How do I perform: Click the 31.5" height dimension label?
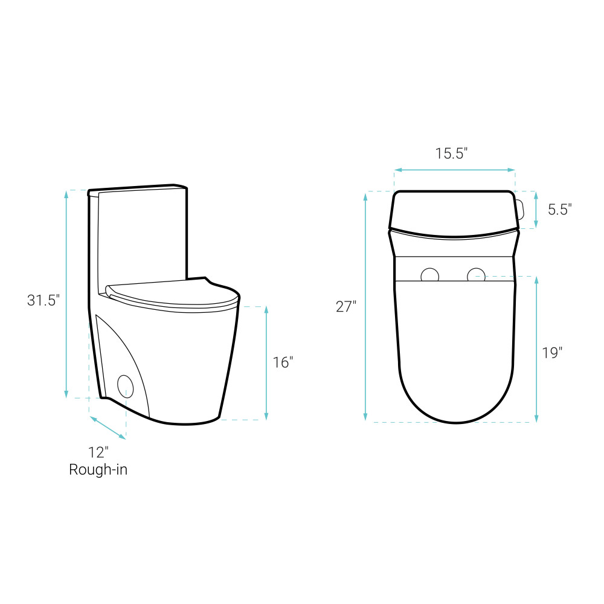(x=43, y=300)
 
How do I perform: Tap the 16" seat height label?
(x=283, y=362)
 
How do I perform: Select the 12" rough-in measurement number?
(x=98, y=452)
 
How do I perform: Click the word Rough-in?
(x=98, y=469)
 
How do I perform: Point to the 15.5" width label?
(x=451, y=153)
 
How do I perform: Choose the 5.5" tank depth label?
(x=560, y=210)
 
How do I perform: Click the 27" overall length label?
(x=346, y=307)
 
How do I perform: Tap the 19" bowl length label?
(x=552, y=353)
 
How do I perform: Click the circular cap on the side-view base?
(x=125, y=387)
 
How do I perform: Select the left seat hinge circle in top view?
(x=429, y=275)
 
